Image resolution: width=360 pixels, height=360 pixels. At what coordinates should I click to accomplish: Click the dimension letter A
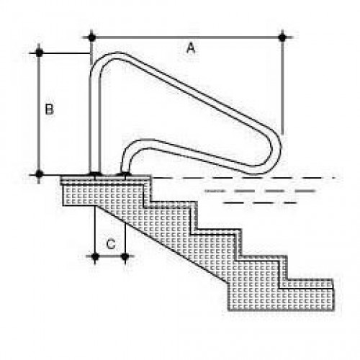(191, 48)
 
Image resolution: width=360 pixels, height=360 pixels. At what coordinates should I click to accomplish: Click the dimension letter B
(50, 109)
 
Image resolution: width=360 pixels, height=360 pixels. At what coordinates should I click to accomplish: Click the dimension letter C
(111, 244)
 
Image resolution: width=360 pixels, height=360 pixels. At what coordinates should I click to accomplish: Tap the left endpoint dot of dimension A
(91, 37)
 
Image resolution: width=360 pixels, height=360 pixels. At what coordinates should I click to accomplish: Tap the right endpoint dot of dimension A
(282, 37)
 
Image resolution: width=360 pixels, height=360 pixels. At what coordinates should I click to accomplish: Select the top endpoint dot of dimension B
(39, 53)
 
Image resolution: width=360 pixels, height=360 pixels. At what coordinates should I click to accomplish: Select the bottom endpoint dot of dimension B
(39, 174)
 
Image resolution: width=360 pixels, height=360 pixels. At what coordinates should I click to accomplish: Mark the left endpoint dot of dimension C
(95, 256)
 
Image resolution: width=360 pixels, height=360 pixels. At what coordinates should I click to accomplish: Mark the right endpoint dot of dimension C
(125, 256)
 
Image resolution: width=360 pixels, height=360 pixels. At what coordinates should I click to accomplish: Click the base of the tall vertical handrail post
(95, 174)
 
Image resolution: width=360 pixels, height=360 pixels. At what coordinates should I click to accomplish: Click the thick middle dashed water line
(261, 191)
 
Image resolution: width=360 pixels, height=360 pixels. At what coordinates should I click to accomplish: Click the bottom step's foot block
(281, 299)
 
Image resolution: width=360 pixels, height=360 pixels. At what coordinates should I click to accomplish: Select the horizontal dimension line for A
(187, 37)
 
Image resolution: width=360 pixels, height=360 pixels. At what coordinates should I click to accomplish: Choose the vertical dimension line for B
(39, 113)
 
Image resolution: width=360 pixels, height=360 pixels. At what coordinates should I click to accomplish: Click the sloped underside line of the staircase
(162, 243)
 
